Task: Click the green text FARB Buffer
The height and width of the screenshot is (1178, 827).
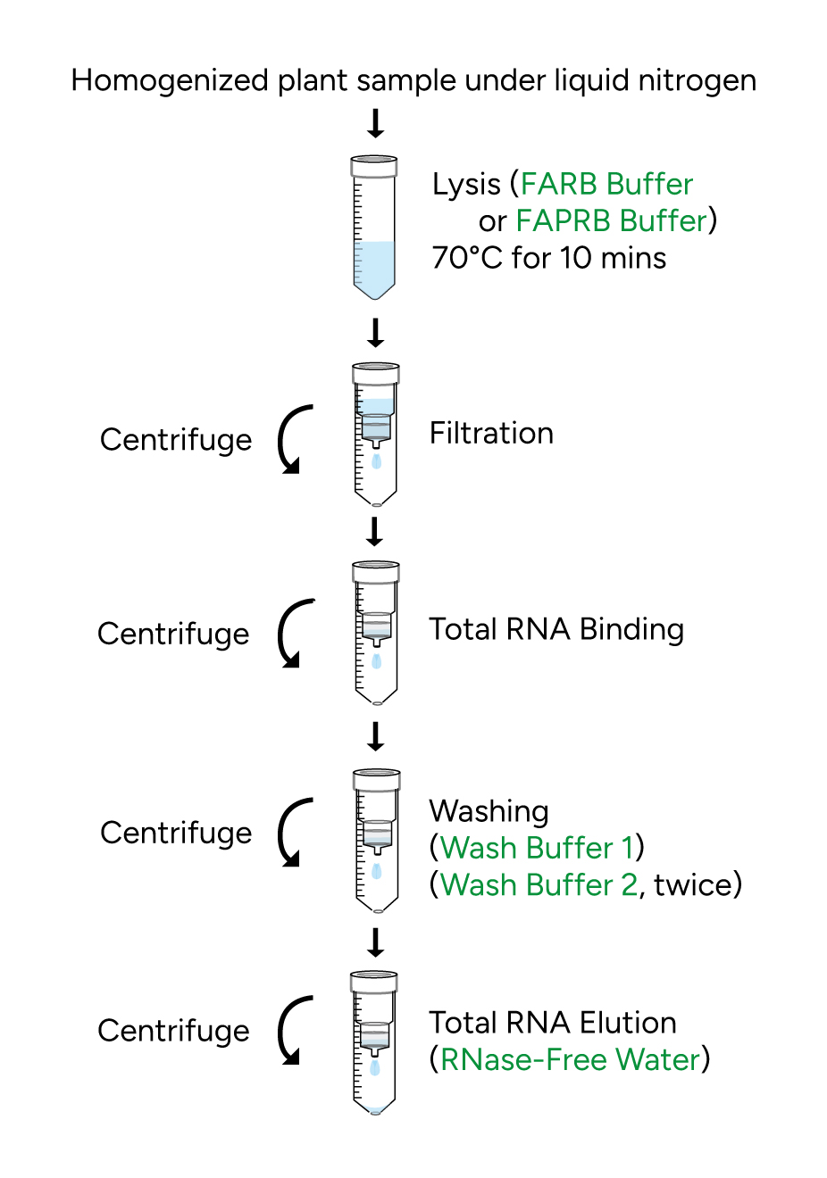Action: [x=606, y=184]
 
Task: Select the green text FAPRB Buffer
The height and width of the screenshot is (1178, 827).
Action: [x=612, y=220]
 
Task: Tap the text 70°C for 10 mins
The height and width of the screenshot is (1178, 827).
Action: [x=548, y=258]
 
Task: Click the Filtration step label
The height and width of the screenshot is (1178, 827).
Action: [x=491, y=433]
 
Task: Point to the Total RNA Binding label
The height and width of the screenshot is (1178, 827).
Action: [x=556, y=629]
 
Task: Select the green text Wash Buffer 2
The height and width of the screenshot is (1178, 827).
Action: [x=539, y=884]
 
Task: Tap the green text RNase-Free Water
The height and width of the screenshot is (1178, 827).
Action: [x=570, y=1059]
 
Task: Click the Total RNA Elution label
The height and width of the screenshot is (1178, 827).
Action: [x=552, y=1023]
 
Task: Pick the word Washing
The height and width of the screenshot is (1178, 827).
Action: [x=489, y=811]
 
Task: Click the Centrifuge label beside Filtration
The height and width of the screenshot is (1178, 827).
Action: [x=176, y=440]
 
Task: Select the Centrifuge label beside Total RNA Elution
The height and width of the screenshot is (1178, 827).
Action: [x=173, y=1031]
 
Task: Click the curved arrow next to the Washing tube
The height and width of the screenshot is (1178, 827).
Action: [x=292, y=833]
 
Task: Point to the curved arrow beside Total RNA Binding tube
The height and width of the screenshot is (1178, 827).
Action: [x=292, y=634]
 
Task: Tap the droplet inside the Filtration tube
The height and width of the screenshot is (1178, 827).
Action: [x=376, y=461]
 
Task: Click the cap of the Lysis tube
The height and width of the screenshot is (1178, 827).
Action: [x=374, y=165]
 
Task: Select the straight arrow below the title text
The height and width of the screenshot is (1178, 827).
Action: [x=376, y=123]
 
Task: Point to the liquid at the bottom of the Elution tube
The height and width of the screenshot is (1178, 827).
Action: [x=375, y=1110]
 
